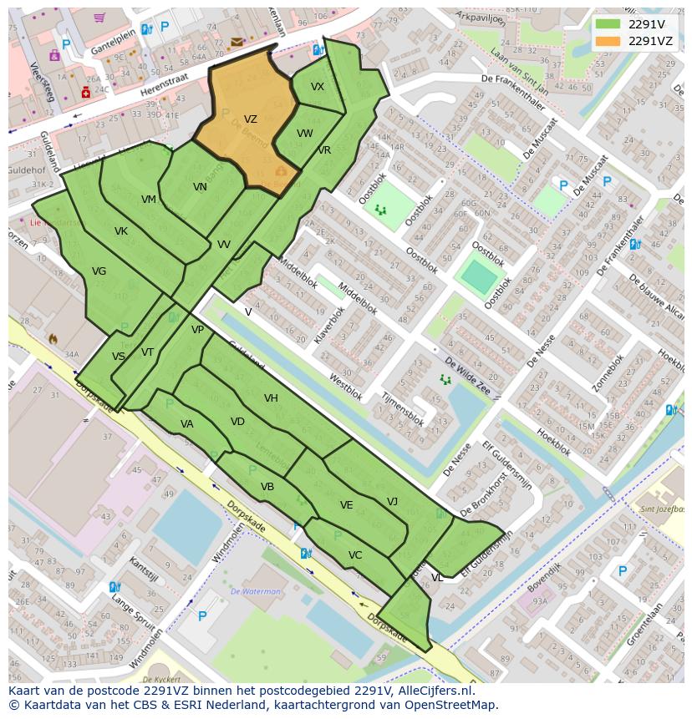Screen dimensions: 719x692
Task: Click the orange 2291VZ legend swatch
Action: (x=608, y=41)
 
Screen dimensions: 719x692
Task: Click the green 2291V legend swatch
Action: (x=608, y=24)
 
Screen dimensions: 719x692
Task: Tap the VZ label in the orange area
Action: (x=250, y=119)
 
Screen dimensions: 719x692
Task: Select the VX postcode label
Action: (x=318, y=87)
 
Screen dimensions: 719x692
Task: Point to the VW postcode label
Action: (x=304, y=134)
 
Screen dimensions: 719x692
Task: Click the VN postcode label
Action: (x=200, y=187)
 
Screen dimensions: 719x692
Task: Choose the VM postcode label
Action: (x=149, y=199)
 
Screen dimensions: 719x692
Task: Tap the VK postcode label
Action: (x=121, y=231)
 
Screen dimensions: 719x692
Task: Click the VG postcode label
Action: (x=99, y=271)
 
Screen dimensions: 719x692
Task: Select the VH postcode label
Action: (x=271, y=398)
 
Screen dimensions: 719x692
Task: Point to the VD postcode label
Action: (x=237, y=422)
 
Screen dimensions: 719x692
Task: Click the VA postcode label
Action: (x=186, y=424)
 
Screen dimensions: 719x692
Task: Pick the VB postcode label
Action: (x=267, y=487)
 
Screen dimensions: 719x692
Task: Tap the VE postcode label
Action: (x=346, y=505)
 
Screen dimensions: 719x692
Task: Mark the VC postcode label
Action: (x=355, y=555)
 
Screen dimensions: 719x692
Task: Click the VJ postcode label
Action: (x=392, y=501)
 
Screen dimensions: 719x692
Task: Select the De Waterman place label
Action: (x=256, y=591)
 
